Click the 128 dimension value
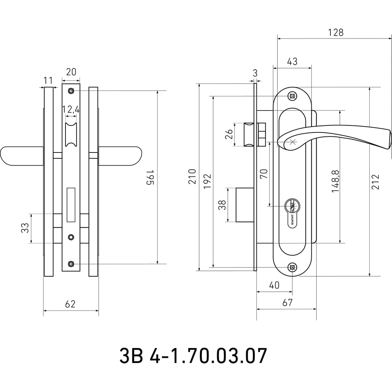coord(336,33)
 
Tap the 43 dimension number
coord(292,62)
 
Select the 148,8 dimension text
coord(336,181)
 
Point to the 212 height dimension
coord(375,182)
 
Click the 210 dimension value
coord(192,176)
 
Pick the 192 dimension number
coord(207,181)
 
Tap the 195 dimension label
coord(150,177)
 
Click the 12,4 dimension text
coord(71,109)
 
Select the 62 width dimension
coord(70,304)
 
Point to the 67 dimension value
coord(287,303)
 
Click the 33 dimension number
coord(25,228)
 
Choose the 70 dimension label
coord(264,174)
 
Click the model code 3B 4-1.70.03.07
coord(193,356)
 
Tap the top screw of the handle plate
coord(292,96)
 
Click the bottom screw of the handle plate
coord(292,267)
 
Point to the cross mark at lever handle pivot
coord(292,142)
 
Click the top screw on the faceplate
coord(71,91)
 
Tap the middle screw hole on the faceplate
coord(71,237)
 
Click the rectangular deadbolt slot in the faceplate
coord(71,205)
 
